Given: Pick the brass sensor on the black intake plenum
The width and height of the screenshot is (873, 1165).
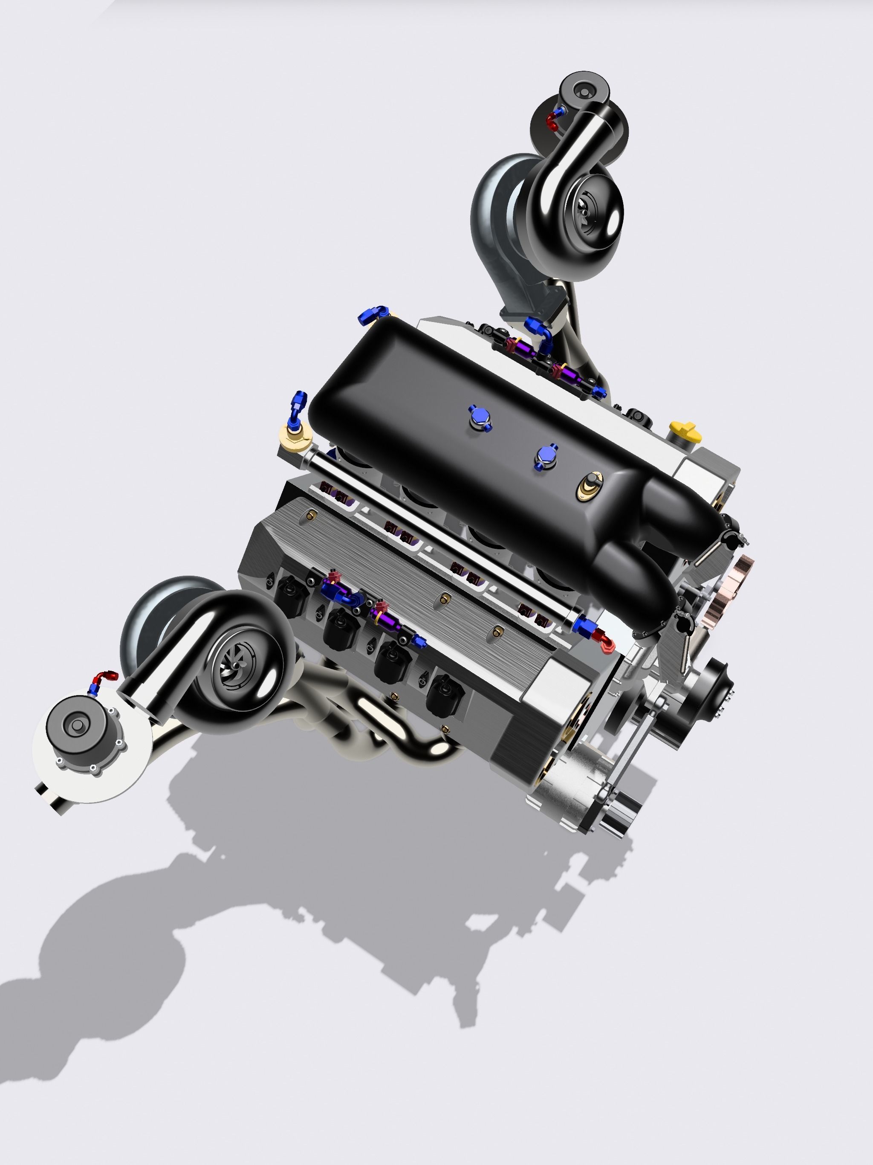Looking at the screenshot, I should (591, 484).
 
